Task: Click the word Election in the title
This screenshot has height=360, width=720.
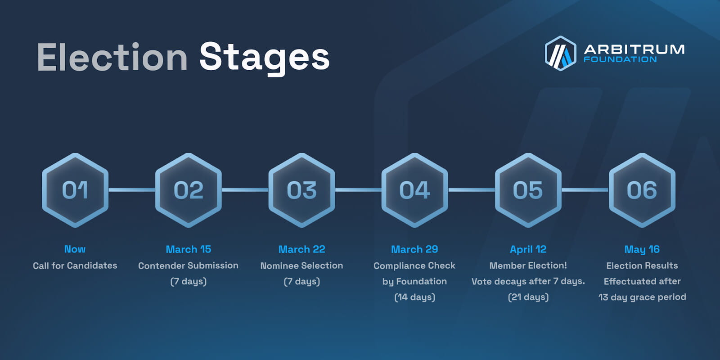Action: (112, 57)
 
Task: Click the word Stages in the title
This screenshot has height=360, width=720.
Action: (265, 58)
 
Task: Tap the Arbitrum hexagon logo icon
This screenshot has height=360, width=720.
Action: (560, 54)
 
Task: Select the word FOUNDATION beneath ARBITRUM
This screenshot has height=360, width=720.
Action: (620, 59)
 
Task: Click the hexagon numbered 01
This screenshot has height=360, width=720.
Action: (75, 190)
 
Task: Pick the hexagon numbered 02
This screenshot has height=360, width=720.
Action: (189, 190)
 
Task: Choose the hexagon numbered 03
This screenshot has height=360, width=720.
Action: (301, 190)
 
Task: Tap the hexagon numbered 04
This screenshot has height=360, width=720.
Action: (414, 190)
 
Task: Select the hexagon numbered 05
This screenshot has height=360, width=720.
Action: (528, 190)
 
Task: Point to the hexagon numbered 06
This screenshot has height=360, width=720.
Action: (642, 190)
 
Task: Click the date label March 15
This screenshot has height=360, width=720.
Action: (189, 249)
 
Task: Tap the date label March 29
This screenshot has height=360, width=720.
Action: (414, 249)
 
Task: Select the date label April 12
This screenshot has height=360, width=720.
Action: (528, 249)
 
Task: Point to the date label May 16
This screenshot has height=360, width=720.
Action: (642, 249)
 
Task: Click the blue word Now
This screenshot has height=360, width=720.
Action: (75, 249)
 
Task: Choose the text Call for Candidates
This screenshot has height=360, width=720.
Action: (75, 265)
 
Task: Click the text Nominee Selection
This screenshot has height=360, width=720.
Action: (301, 265)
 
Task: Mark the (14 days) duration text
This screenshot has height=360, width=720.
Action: (414, 297)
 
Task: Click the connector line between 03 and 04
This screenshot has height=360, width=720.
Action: (358, 190)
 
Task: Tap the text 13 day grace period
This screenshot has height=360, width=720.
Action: (642, 297)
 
